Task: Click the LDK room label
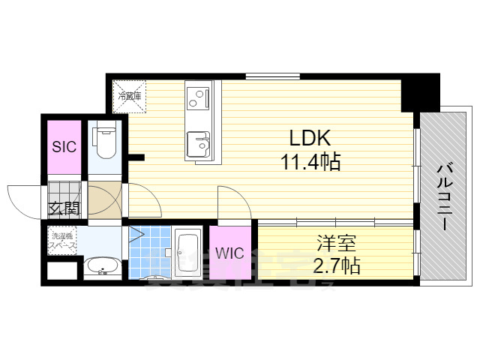pyautogui.click(x=306, y=138)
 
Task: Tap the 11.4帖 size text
pyautogui.click(x=311, y=160)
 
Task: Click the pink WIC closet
pyautogui.click(x=230, y=253)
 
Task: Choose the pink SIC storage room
pyautogui.click(x=64, y=147)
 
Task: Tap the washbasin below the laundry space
pyautogui.click(x=101, y=267)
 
